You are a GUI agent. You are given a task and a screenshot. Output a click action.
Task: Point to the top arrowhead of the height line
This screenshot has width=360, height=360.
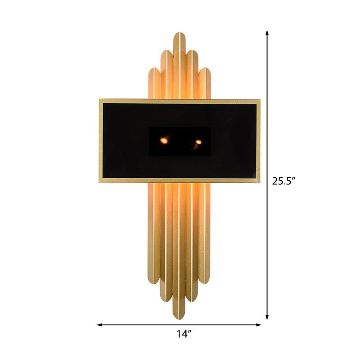pyautogui.click(x=267, y=33)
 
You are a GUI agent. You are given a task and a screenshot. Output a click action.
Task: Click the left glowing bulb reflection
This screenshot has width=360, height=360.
pyautogui.click(x=164, y=141)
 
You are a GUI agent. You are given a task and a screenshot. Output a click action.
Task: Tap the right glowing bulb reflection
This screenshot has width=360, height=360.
pyautogui.click(x=198, y=142)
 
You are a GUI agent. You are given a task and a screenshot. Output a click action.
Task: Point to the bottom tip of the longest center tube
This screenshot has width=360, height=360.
pyautogui.click(x=180, y=317)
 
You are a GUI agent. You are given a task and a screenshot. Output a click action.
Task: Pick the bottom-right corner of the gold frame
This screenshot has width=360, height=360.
pyautogui.click(x=260, y=182)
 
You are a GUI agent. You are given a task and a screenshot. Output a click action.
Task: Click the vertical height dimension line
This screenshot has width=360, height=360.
pyautogui.click(x=267, y=112)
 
